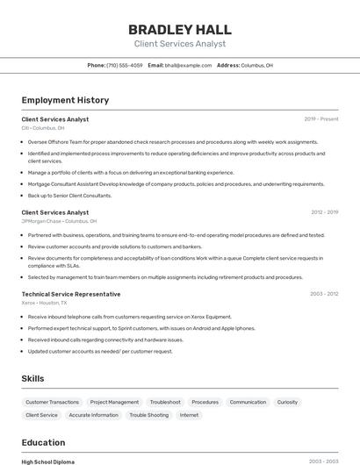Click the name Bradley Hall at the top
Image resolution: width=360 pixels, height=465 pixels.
click(x=179, y=29)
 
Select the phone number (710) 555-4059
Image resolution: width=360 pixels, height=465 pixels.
click(x=125, y=65)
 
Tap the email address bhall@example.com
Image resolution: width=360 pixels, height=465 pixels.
click(x=188, y=65)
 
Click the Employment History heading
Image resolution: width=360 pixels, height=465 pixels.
click(x=65, y=100)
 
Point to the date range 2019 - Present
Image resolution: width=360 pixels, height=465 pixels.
click(x=321, y=118)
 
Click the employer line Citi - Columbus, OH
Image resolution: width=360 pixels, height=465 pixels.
click(x=43, y=128)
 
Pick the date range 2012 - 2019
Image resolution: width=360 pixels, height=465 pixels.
click(x=324, y=212)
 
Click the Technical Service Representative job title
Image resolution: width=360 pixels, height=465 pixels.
click(x=71, y=294)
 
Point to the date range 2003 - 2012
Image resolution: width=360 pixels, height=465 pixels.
click(x=324, y=294)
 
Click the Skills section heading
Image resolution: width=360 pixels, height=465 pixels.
click(x=33, y=378)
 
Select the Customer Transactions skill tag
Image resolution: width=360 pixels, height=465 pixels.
click(x=53, y=402)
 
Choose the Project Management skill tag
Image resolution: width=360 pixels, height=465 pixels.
click(x=114, y=402)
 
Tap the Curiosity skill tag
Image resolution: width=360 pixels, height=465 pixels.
click(x=287, y=402)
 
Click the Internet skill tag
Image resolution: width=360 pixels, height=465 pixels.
click(x=189, y=415)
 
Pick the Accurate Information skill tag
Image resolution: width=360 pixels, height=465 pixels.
click(x=93, y=415)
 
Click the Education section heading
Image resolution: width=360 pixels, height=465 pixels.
click(x=43, y=442)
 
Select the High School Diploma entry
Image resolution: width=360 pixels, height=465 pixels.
click(x=48, y=461)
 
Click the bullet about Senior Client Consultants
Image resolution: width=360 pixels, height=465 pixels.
click(x=69, y=196)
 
